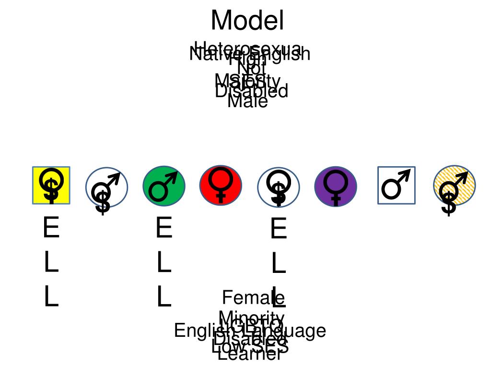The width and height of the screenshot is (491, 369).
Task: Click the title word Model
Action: pyautogui.click(x=247, y=21)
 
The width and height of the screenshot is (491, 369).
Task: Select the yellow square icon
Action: pyautogui.click(x=51, y=185)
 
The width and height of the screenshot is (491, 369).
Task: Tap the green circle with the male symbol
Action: pyautogui.click(x=164, y=186)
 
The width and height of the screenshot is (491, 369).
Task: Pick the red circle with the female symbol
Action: pyautogui.click(x=221, y=185)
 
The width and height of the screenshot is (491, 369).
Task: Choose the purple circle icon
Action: pyautogui.click(x=336, y=186)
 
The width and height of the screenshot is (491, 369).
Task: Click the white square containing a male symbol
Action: pyautogui.click(x=397, y=185)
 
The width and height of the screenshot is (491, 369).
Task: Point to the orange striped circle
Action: pyautogui.click(x=454, y=185)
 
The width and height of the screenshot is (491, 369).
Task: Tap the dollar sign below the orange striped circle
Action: pyautogui.click(x=449, y=204)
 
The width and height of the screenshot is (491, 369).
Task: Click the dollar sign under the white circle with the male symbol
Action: pyautogui.click(x=103, y=202)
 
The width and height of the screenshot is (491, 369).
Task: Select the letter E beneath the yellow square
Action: pyautogui.click(x=51, y=228)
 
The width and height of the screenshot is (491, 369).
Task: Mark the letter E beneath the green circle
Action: pyautogui.click(x=164, y=228)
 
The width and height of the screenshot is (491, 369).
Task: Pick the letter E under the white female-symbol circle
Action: pyautogui.click(x=279, y=229)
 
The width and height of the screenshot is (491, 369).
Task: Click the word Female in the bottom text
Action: pyautogui.click(x=246, y=298)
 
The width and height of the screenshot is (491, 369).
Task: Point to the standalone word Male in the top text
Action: pyautogui.click(x=247, y=101)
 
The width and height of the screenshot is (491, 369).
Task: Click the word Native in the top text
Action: pyautogui.click(x=209, y=54)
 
